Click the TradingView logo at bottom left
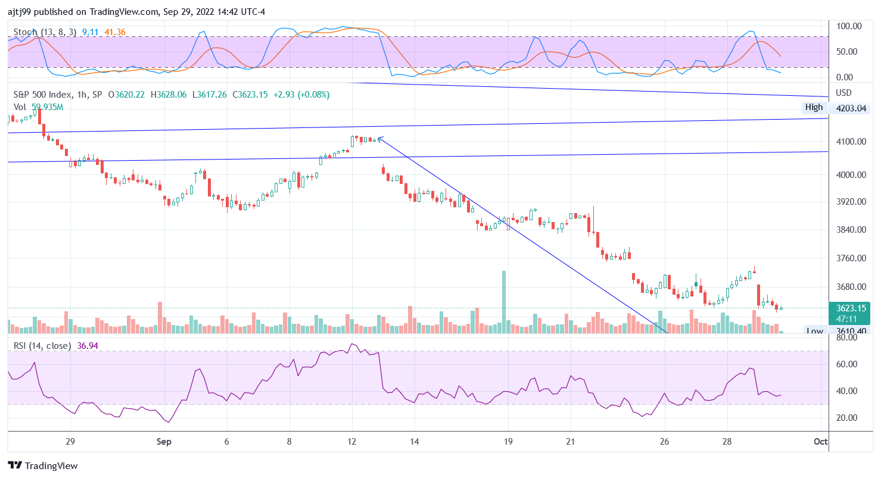(42, 465)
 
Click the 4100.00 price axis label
(850, 142)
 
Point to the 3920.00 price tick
(850, 202)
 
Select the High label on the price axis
(814, 108)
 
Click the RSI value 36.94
(88, 345)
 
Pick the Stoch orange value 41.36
(114, 32)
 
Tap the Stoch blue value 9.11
(90, 32)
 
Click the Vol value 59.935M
(47, 107)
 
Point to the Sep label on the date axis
(164, 442)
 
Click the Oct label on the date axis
(821, 442)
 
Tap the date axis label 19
(508, 442)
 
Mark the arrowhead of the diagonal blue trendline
(380, 139)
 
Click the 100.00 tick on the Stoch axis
(849, 26)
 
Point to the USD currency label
(844, 93)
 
